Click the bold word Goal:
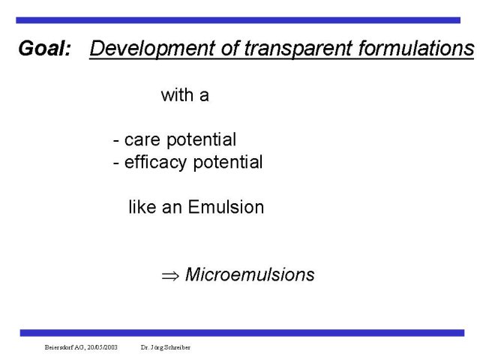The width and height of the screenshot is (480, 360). [x=45, y=48]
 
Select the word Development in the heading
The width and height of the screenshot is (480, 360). [x=153, y=49]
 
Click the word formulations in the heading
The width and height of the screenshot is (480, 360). [x=416, y=48]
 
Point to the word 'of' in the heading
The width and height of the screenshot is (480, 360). [x=230, y=48]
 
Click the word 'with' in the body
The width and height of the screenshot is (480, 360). [x=177, y=95]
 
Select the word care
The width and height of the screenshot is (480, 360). [x=142, y=140]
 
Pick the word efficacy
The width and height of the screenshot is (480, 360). [x=155, y=163]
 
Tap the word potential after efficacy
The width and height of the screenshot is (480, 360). [x=228, y=163]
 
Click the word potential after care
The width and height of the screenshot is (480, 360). [x=202, y=140]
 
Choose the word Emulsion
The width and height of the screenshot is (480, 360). [x=226, y=207]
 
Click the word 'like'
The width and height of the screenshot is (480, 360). [x=142, y=207]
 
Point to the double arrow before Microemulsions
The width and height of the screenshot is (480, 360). [x=170, y=276]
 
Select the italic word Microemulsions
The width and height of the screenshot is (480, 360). [x=250, y=274]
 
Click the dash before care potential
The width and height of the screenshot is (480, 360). [x=116, y=142]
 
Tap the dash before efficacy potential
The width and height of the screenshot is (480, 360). [x=116, y=163]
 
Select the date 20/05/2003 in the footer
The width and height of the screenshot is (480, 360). [x=103, y=347]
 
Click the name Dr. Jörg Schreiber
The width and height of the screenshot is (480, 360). [x=166, y=347]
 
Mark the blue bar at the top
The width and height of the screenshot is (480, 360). [x=238, y=20]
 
